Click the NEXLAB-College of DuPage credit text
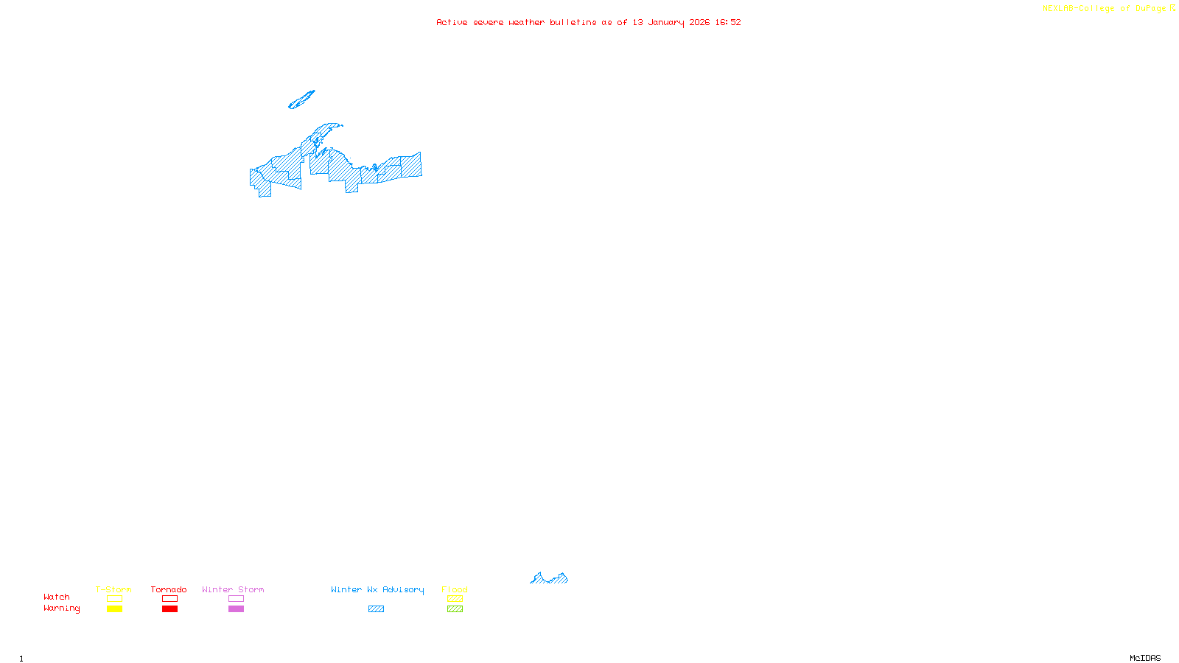click(x=1105, y=9)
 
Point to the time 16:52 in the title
click(x=728, y=22)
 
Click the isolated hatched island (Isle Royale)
click(x=301, y=100)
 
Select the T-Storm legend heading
click(x=113, y=589)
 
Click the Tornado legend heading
click(x=169, y=589)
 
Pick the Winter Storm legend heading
click(x=233, y=589)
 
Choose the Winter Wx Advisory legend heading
click(x=377, y=589)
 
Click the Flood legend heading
click(x=455, y=589)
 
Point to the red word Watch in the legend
click(x=57, y=597)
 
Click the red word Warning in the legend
click(x=62, y=608)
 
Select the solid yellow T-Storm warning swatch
click(x=114, y=609)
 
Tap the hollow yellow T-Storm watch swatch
click(x=114, y=599)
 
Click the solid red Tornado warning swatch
click(x=170, y=609)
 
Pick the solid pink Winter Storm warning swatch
click(x=236, y=609)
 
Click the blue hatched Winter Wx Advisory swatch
click(x=376, y=609)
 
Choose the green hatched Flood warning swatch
click(x=455, y=609)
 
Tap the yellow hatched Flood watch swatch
click(x=455, y=599)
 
